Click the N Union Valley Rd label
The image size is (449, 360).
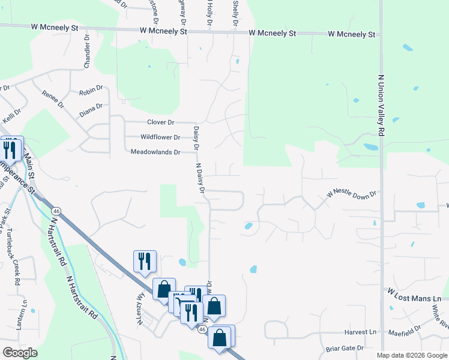(x=381, y=104)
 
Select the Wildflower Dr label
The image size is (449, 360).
(x=160, y=137)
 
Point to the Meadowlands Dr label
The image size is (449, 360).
(x=155, y=152)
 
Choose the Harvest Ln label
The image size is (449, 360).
(x=360, y=332)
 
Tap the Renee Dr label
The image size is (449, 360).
(x=52, y=99)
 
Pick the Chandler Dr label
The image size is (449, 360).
(x=87, y=50)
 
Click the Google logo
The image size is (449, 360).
(x=20, y=352)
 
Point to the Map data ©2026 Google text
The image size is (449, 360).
(x=411, y=355)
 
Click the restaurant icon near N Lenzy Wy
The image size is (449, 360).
(x=145, y=261)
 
